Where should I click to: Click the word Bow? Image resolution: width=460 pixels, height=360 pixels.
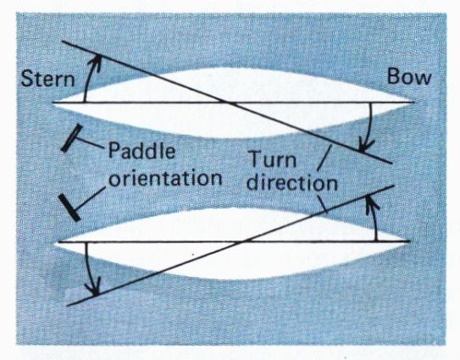[x=409, y=76]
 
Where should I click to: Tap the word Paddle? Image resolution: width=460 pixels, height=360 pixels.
[x=141, y=151]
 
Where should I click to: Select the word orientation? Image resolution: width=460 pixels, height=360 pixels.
[x=165, y=178]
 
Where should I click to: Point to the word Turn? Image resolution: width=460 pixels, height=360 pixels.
[x=272, y=160]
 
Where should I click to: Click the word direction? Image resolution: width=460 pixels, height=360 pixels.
[x=292, y=183]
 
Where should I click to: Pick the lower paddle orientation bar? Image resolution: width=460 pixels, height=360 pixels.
[x=69, y=208]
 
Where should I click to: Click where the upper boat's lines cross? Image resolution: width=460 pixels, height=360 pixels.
[x=228, y=102]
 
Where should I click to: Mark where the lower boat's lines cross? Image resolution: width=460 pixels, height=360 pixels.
[x=243, y=241]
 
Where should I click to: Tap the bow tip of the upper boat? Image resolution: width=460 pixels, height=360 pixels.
[x=414, y=102]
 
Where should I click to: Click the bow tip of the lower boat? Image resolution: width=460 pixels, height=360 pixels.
[x=409, y=241]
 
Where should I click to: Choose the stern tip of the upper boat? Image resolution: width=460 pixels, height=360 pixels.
[x=53, y=102]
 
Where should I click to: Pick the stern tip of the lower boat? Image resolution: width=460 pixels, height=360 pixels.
[x=58, y=241]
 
